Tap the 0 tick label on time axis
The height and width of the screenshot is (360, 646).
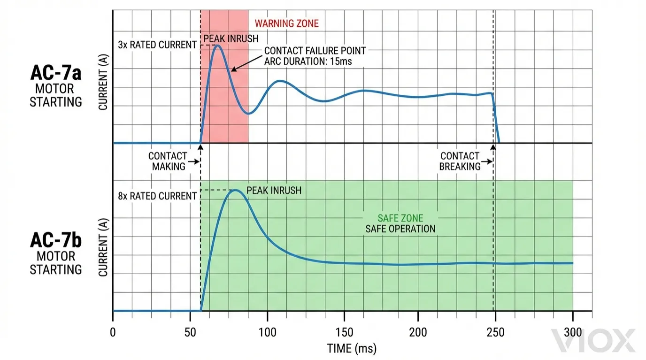point(113,331)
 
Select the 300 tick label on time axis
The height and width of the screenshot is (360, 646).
point(572,331)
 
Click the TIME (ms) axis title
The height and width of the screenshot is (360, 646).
point(352,349)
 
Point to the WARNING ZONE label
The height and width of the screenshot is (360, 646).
point(286,23)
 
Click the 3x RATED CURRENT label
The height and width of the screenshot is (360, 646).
point(157,45)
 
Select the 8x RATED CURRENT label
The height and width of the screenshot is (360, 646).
point(157,196)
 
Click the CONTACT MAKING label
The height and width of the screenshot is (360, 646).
point(168,161)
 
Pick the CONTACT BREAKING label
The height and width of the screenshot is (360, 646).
point(460,161)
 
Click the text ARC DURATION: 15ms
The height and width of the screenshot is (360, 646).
point(308,61)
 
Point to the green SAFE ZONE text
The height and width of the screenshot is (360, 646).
point(400,218)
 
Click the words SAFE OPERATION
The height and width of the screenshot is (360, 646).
point(400,229)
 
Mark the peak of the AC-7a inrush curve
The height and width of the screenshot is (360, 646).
point(217,46)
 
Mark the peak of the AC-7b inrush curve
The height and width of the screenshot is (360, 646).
point(236,190)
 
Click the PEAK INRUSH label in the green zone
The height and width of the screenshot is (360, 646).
point(274,191)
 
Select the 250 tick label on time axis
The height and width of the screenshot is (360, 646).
point(496,331)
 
